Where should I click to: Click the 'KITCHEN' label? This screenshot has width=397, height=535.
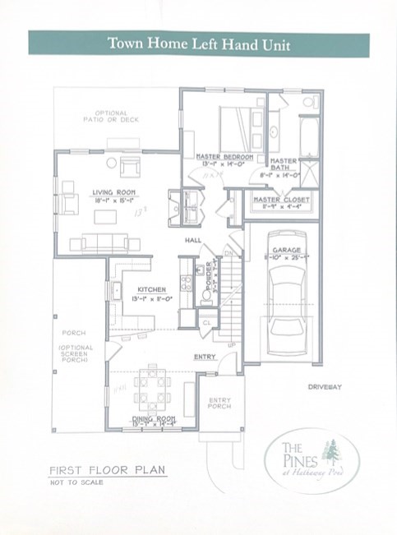click(152, 289)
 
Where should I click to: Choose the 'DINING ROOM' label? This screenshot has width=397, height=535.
click(155, 419)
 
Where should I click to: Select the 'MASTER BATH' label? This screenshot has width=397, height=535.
click(284, 165)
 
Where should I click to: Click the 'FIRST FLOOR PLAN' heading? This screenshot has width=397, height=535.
click(108, 471)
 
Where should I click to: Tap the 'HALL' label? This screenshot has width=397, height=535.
click(192, 240)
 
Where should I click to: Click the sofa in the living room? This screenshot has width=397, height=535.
click(100, 242)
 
